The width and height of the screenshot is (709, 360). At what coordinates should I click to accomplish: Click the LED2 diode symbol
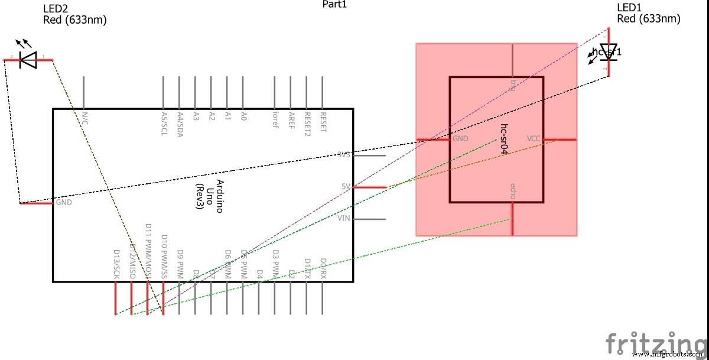coord(28,59)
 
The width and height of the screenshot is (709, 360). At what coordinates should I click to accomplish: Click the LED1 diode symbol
coord(608,51)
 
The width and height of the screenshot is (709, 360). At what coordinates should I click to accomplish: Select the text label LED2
coord(56,9)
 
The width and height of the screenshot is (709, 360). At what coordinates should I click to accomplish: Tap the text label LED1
coord(629,8)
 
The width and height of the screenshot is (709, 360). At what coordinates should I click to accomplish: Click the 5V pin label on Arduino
coord(346,187)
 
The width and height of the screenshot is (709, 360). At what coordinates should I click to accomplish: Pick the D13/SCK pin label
coord(116,262)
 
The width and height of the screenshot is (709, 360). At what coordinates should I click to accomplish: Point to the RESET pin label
coord(323,122)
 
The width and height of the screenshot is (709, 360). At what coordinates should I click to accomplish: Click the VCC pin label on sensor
coord(534,138)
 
